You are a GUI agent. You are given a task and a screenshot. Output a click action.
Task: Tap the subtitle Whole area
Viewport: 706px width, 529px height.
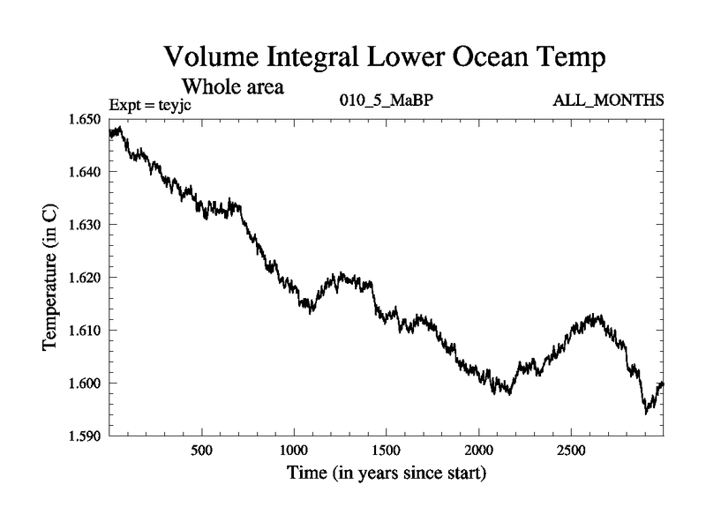pyautogui.click(x=232, y=86)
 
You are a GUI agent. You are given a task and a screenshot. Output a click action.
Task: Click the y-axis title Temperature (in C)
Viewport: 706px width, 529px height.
pyautogui.click(x=51, y=277)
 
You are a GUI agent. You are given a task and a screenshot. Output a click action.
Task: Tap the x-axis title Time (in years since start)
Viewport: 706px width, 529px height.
pyautogui.click(x=386, y=473)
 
